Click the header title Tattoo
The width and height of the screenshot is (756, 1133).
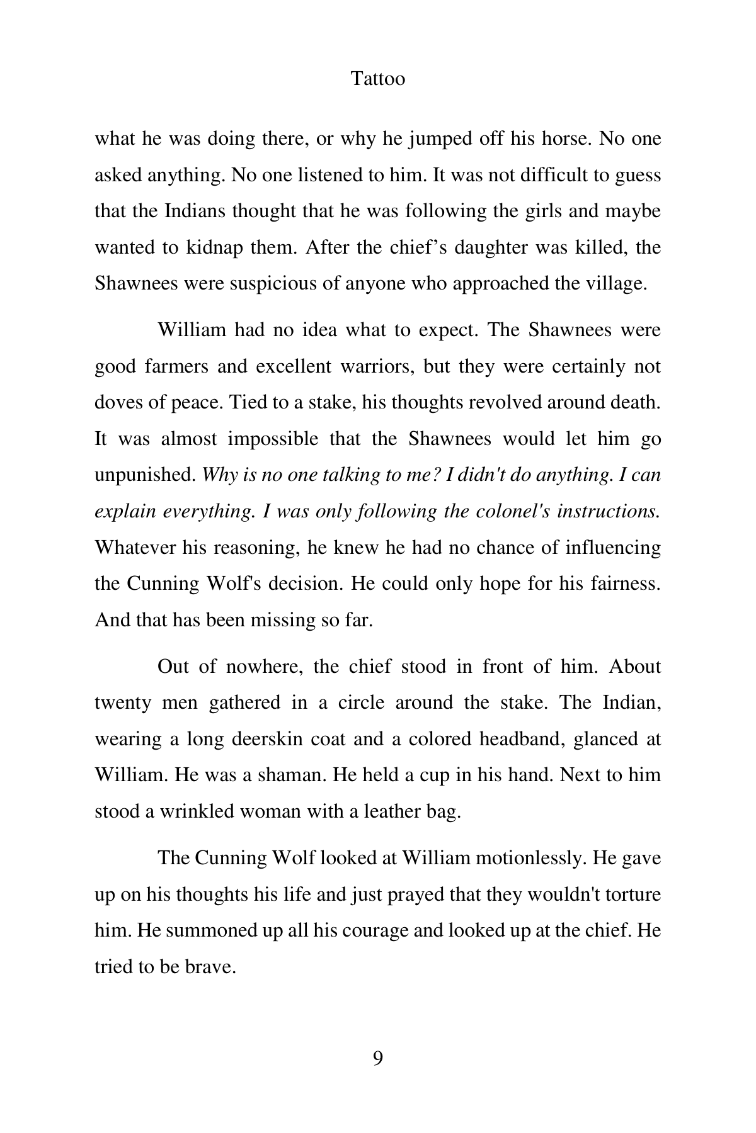point(377,79)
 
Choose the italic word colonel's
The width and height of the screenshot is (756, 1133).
point(527,511)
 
